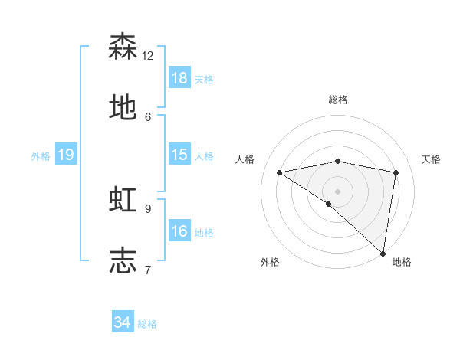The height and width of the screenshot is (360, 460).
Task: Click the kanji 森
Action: (x=123, y=47)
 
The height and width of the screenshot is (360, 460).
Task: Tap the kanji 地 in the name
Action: (x=123, y=108)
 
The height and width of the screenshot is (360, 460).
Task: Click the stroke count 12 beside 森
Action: (x=148, y=56)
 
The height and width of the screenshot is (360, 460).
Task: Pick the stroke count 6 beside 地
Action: (x=148, y=116)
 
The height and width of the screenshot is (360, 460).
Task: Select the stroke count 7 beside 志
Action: (x=148, y=270)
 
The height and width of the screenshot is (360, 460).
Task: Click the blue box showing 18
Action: (x=179, y=78)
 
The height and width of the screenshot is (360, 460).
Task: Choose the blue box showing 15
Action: (x=179, y=155)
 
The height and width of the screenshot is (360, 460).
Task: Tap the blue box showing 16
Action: (x=179, y=231)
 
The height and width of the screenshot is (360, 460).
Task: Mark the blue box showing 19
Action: (x=66, y=155)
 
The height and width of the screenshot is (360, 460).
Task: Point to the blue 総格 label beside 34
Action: (x=147, y=324)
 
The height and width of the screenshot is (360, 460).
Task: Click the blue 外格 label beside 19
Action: (x=41, y=156)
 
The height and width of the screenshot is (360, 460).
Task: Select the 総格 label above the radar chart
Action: (x=338, y=100)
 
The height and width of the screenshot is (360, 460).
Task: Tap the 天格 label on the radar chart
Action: (x=432, y=159)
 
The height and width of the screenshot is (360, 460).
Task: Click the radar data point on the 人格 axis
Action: (x=280, y=172)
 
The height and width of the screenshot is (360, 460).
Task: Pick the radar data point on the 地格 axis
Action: (x=383, y=253)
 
